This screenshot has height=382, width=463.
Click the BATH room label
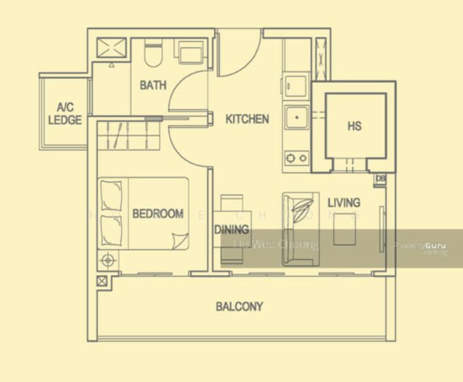point(153,85)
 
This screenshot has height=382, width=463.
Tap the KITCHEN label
point(247,119)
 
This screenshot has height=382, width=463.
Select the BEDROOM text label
point(158,214)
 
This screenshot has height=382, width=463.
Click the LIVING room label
point(344,202)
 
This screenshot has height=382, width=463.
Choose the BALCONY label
point(239,307)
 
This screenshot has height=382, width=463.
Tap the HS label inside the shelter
point(355,126)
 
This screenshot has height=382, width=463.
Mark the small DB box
point(381,179)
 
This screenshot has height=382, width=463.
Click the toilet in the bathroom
point(152,53)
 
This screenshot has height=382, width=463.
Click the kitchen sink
point(296,118)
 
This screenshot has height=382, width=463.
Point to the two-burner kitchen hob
point(296,157)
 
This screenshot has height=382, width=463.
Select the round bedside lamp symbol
point(108,259)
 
